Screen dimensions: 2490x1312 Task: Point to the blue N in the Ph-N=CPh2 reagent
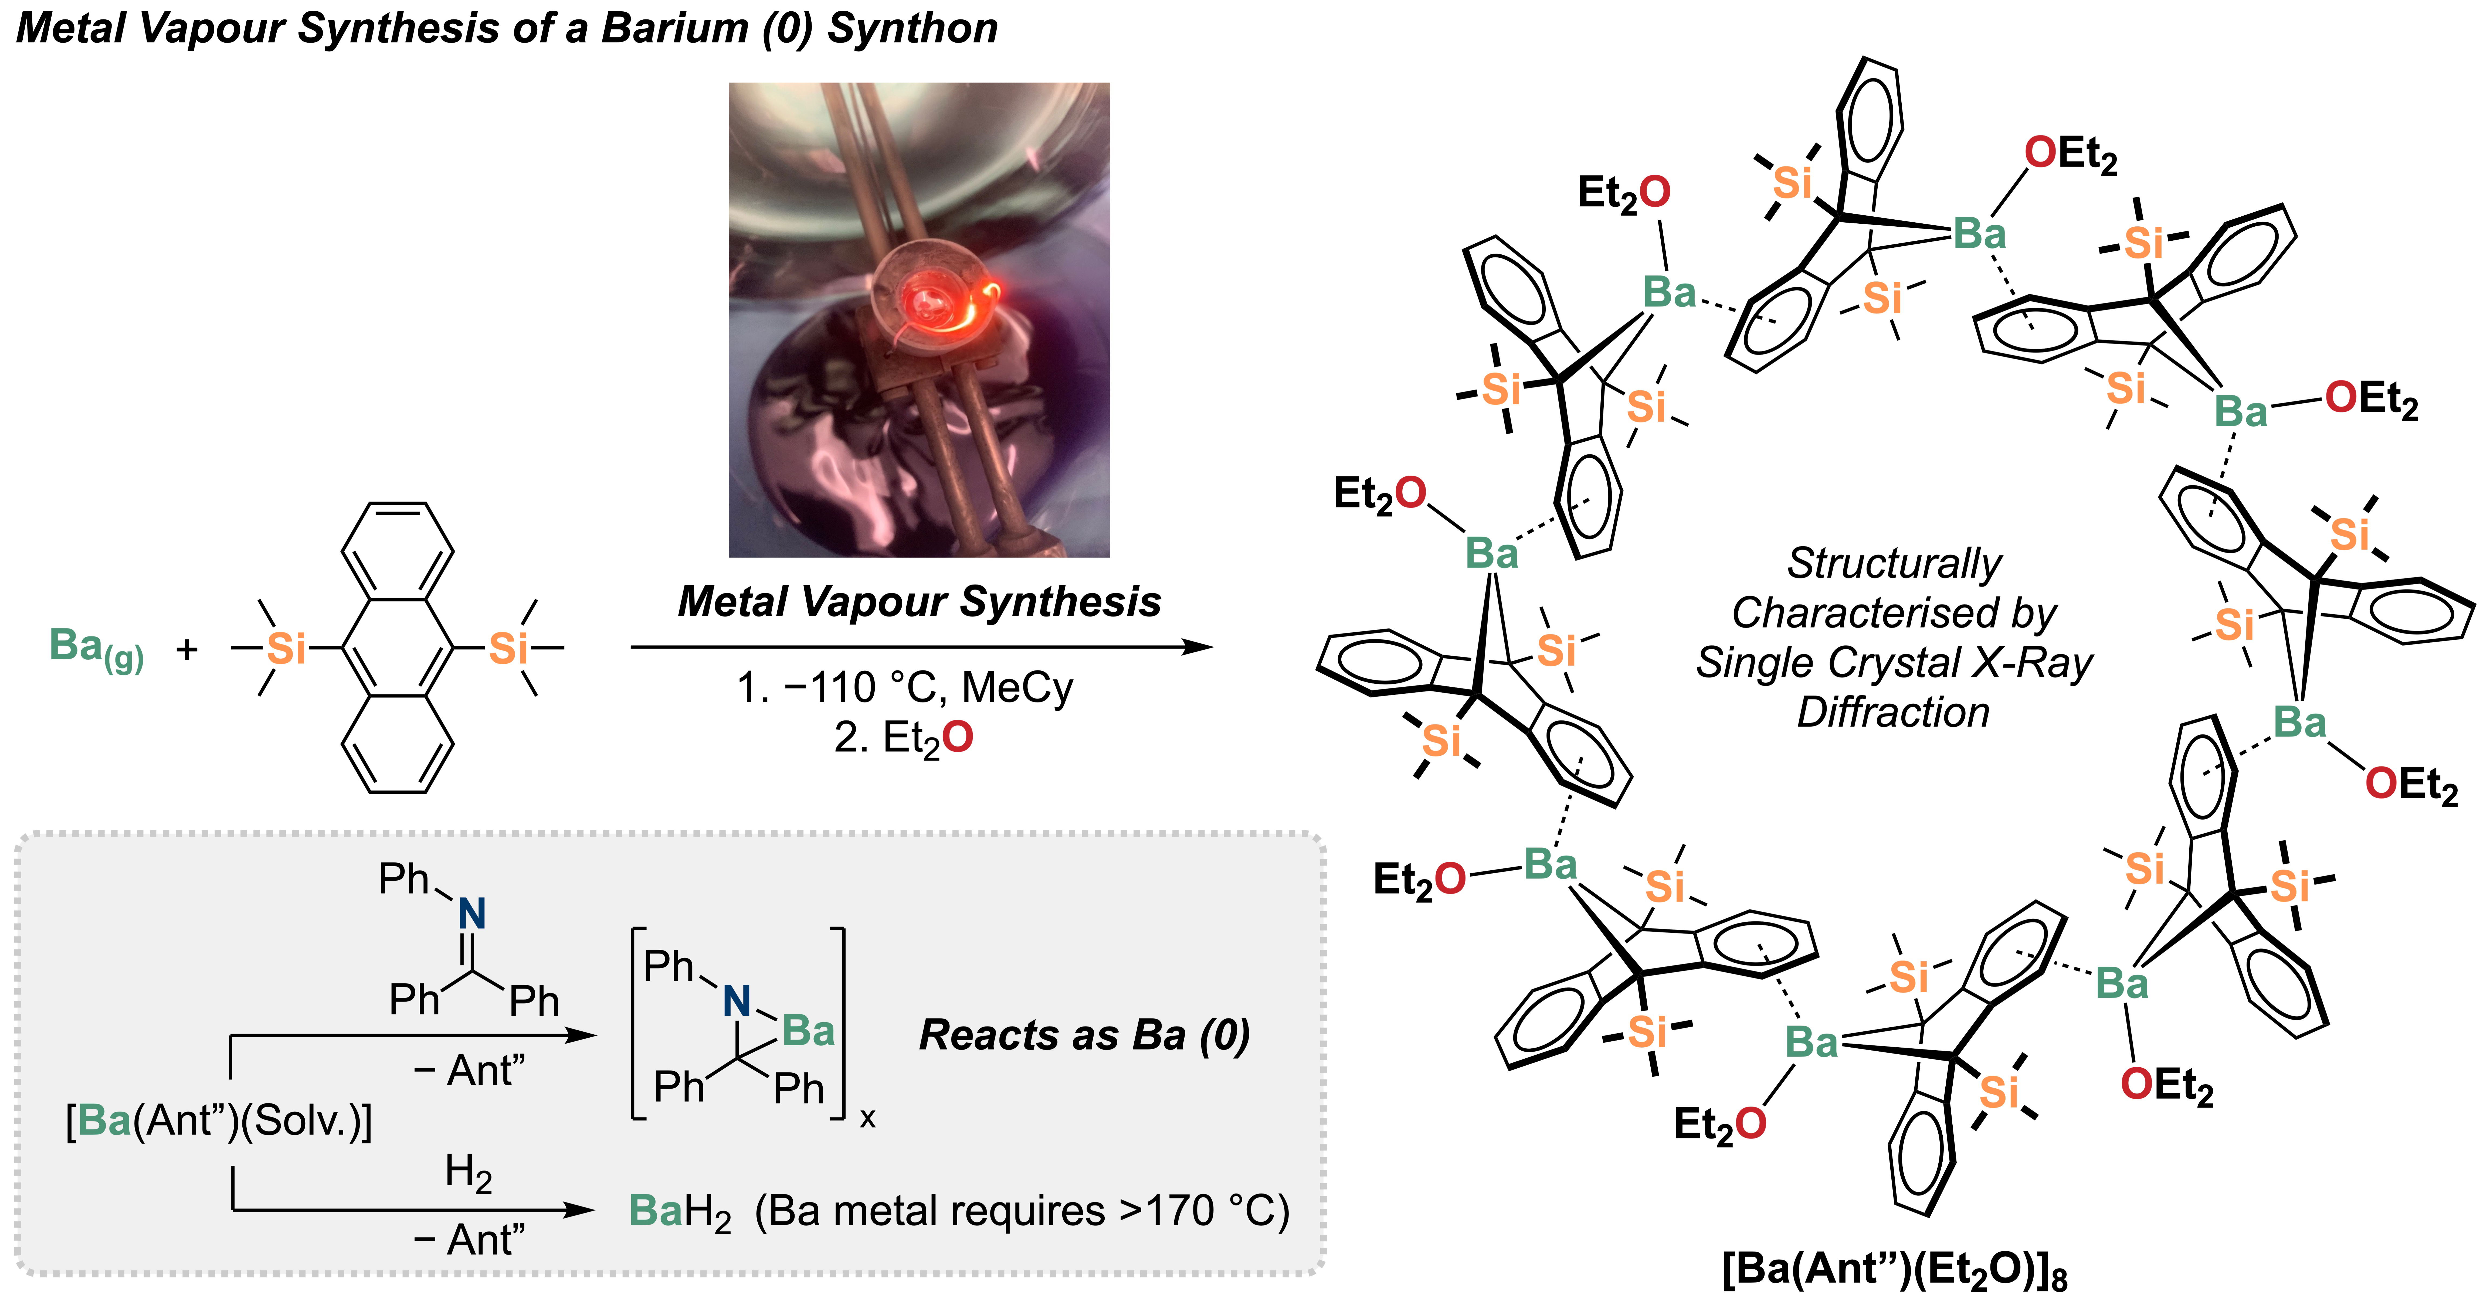pyautogui.click(x=472, y=913)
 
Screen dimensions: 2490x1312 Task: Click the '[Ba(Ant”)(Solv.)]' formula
pyautogui.click(x=218, y=1121)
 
